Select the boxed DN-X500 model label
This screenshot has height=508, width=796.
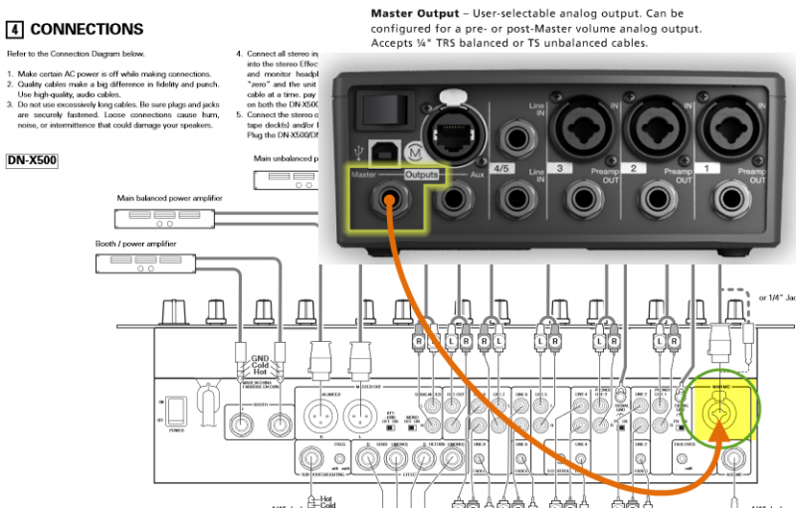(33, 159)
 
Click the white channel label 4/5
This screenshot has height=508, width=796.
(503, 168)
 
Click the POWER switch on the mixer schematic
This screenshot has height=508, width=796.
(175, 410)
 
